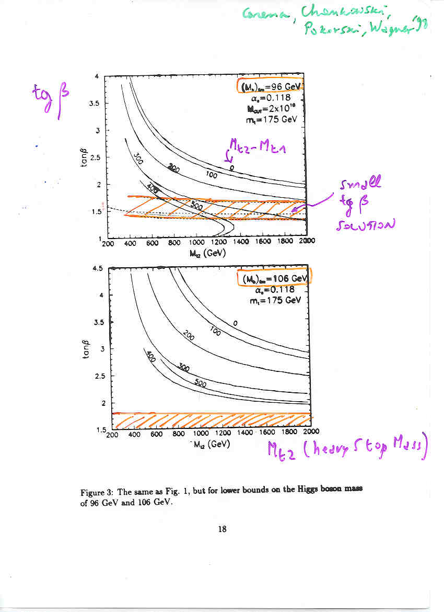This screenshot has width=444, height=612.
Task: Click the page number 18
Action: pyautogui.click(x=222, y=529)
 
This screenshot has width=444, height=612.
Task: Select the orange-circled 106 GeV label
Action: pyautogui.click(x=274, y=277)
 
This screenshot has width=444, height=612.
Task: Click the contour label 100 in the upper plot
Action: pyautogui.click(x=211, y=175)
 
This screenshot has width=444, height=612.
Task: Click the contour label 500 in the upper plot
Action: pyautogui.click(x=196, y=206)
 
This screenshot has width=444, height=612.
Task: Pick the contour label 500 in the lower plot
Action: pyautogui.click(x=200, y=383)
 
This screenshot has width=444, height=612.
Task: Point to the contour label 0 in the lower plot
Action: pyautogui.click(x=235, y=323)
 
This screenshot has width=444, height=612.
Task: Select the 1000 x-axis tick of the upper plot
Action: pyautogui.click(x=197, y=243)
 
